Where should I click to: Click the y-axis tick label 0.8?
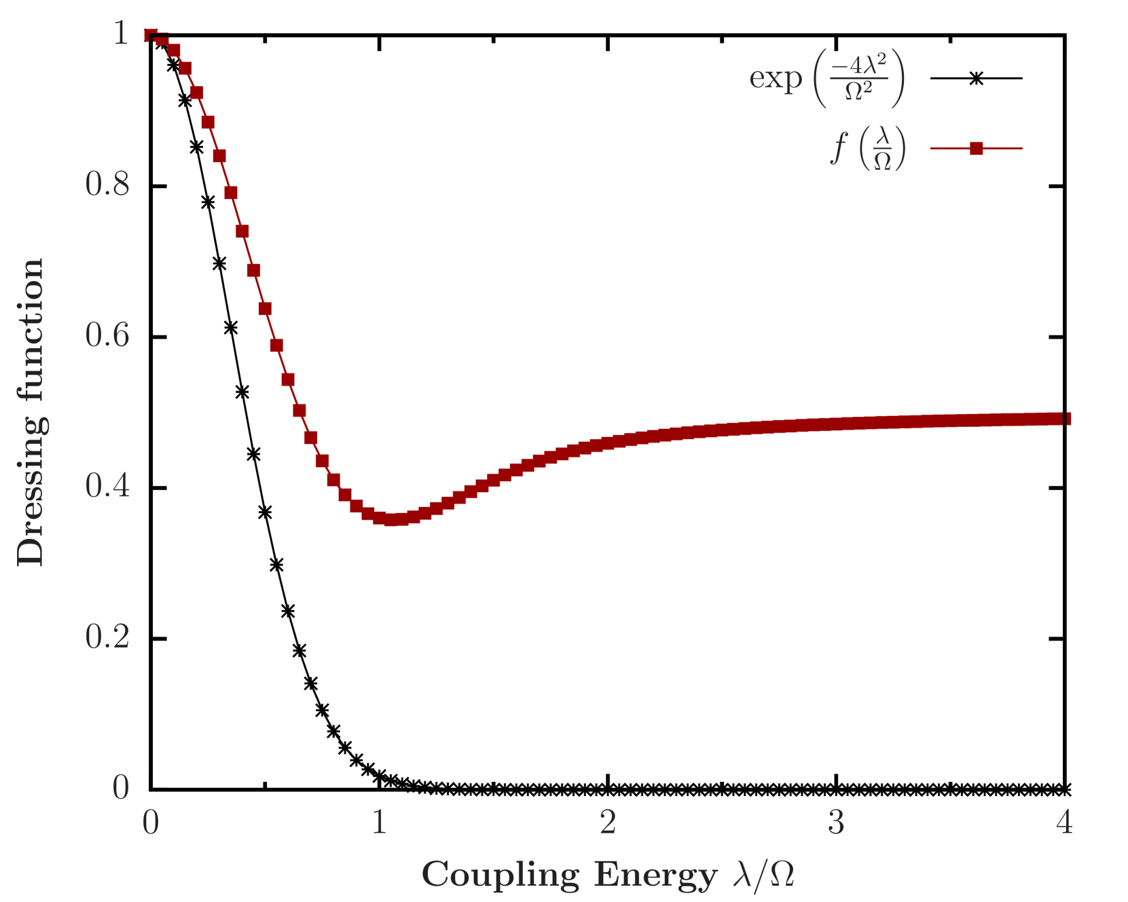tap(107, 184)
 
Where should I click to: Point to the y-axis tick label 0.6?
tap(107, 335)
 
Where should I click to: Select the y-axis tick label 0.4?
tap(107, 485)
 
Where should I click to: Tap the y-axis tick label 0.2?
tap(107, 637)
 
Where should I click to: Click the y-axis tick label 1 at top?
tap(120, 33)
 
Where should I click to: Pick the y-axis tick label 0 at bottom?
tap(120, 787)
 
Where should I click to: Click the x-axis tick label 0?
tap(151, 823)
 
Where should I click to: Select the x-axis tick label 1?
tap(379, 823)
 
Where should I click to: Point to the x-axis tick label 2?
tap(608, 823)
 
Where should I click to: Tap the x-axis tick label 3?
tap(836, 823)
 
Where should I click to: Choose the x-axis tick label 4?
tap(1064, 823)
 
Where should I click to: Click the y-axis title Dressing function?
tap(31, 411)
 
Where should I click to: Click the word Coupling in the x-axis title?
tap(501, 875)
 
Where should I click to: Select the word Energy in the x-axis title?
tap(655, 875)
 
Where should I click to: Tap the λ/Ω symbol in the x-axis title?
tap(763, 875)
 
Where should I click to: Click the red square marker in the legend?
tap(977, 149)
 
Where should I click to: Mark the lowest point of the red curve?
tap(394, 520)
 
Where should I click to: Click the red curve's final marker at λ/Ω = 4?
tap(1064, 419)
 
